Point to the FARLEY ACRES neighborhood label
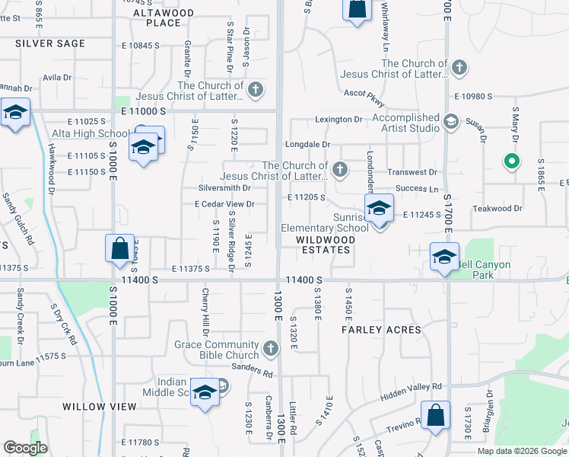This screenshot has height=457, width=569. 381,330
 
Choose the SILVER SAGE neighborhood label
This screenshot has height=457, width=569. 50,43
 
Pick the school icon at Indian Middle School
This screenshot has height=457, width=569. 204,391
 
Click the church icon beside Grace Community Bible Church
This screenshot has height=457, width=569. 270,350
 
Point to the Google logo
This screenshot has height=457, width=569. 26,448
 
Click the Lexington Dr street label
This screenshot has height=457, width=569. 339,120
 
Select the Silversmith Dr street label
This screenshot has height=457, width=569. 224,187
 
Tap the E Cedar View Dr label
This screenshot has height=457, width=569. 224,204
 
